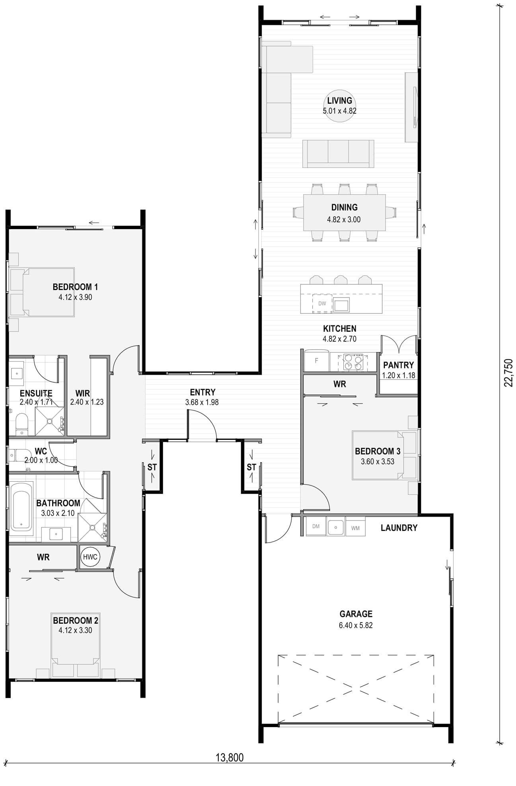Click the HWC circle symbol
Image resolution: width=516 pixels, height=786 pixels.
(x=90, y=557)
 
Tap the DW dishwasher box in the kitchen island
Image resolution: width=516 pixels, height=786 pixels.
(x=322, y=303)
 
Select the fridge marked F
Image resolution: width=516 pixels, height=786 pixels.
(x=317, y=361)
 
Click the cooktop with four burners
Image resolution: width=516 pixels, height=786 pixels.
(x=353, y=362)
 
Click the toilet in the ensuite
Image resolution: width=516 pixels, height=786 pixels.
(x=21, y=424)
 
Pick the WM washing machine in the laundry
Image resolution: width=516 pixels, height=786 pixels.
(x=355, y=527)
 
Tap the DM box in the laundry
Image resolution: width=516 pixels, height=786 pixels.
(x=316, y=527)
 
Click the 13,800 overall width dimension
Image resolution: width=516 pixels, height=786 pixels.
(x=230, y=757)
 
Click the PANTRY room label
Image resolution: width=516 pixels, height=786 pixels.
(x=399, y=365)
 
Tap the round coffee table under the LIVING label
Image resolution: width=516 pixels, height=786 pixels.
(x=339, y=105)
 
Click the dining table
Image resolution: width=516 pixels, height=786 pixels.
(x=345, y=212)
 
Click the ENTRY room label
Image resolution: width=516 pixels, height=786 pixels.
(x=203, y=392)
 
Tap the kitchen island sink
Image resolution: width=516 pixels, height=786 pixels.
(x=342, y=305)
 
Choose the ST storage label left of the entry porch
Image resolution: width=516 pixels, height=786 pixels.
(x=152, y=467)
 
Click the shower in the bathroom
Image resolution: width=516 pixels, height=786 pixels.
(x=92, y=527)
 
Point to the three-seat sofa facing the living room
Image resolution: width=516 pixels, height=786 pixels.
(x=338, y=154)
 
